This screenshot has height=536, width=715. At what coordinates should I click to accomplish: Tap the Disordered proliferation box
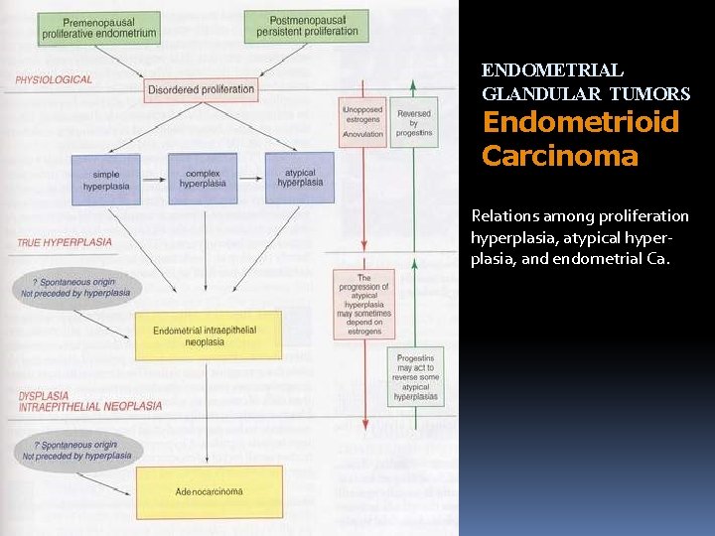[x=201, y=89]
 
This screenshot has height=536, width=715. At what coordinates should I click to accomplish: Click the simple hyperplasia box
[x=105, y=179]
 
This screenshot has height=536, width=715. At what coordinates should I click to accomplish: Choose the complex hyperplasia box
[x=203, y=179]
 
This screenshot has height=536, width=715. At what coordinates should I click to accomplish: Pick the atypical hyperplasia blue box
[x=299, y=179]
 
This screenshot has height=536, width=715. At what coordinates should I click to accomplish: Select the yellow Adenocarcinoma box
[x=209, y=491]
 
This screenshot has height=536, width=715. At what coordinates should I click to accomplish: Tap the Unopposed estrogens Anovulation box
[x=362, y=122]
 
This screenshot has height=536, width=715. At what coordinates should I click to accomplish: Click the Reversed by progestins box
[x=413, y=122]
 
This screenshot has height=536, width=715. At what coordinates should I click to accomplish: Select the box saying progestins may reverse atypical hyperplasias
[x=414, y=376]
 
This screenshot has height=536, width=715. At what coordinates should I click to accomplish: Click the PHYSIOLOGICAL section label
[x=54, y=79]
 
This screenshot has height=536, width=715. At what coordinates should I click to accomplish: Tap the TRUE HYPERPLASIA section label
[x=64, y=242]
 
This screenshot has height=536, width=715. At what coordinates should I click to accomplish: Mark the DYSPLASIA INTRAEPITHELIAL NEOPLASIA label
[x=89, y=401]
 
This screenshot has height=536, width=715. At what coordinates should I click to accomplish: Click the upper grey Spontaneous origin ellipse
[x=77, y=288]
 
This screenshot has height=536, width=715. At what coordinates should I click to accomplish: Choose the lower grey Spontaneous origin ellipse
[x=77, y=451]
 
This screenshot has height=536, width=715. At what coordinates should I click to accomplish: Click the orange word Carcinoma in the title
[x=559, y=157]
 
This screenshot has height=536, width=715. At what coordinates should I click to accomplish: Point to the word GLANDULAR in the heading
[x=543, y=94]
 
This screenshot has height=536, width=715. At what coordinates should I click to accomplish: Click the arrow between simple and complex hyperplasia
[x=154, y=179]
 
